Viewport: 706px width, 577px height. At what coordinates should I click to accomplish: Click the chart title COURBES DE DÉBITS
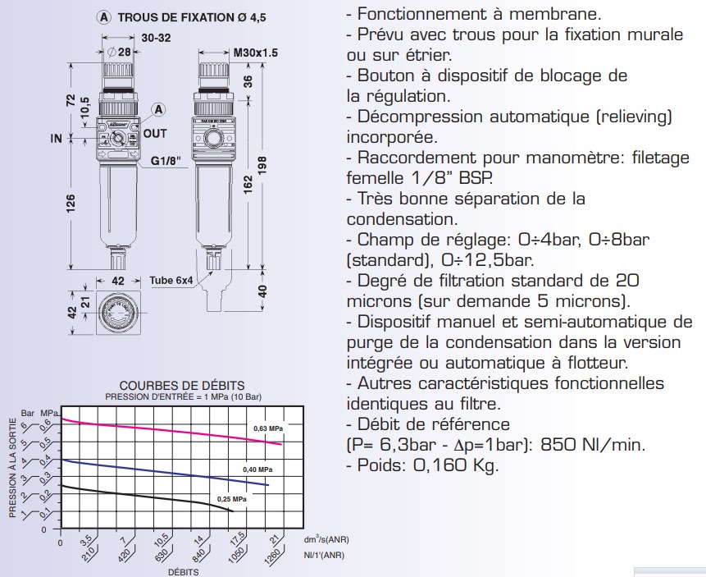point(182,386)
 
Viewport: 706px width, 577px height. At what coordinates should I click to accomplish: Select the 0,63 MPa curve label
point(268,428)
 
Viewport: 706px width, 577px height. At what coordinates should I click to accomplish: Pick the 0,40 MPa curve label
point(257,469)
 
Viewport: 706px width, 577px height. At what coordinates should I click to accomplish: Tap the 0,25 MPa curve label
point(232,499)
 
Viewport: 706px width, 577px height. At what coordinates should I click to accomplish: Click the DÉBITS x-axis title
point(183,572)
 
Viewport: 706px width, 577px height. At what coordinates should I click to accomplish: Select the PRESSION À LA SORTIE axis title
point(12,468)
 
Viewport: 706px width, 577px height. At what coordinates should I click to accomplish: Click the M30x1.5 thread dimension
point(255,53)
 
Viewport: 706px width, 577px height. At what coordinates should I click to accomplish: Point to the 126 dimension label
point(71,203)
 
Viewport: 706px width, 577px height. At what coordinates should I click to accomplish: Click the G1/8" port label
point(166,161)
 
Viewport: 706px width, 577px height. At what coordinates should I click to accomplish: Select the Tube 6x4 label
point(171,281)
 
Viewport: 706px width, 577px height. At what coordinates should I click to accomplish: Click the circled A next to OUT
point(158,109)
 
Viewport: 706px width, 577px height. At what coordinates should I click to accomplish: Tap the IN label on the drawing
point(57,138)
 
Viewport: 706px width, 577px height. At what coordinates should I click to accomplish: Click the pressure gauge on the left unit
point(119,139)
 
